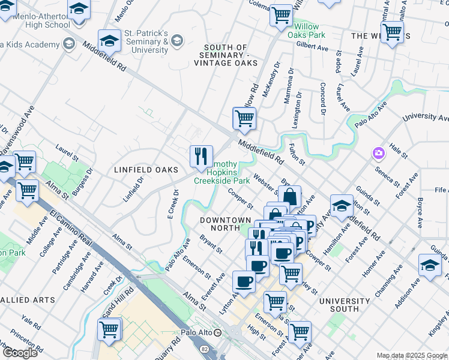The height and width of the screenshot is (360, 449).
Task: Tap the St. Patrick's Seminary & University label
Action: click(146, 41)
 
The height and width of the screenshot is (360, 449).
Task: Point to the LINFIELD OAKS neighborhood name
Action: click(146, 170)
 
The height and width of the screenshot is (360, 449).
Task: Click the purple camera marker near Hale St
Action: click(378, 153)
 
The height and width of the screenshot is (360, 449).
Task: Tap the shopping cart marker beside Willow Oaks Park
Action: click(280, 15)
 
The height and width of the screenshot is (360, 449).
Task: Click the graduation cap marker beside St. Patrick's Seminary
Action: click(109, 41)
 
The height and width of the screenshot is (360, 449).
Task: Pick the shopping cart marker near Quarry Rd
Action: click(109, 329)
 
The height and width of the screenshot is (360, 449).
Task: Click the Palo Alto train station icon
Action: click(218, 332)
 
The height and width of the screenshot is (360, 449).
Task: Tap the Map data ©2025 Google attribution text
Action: click(412, 355)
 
